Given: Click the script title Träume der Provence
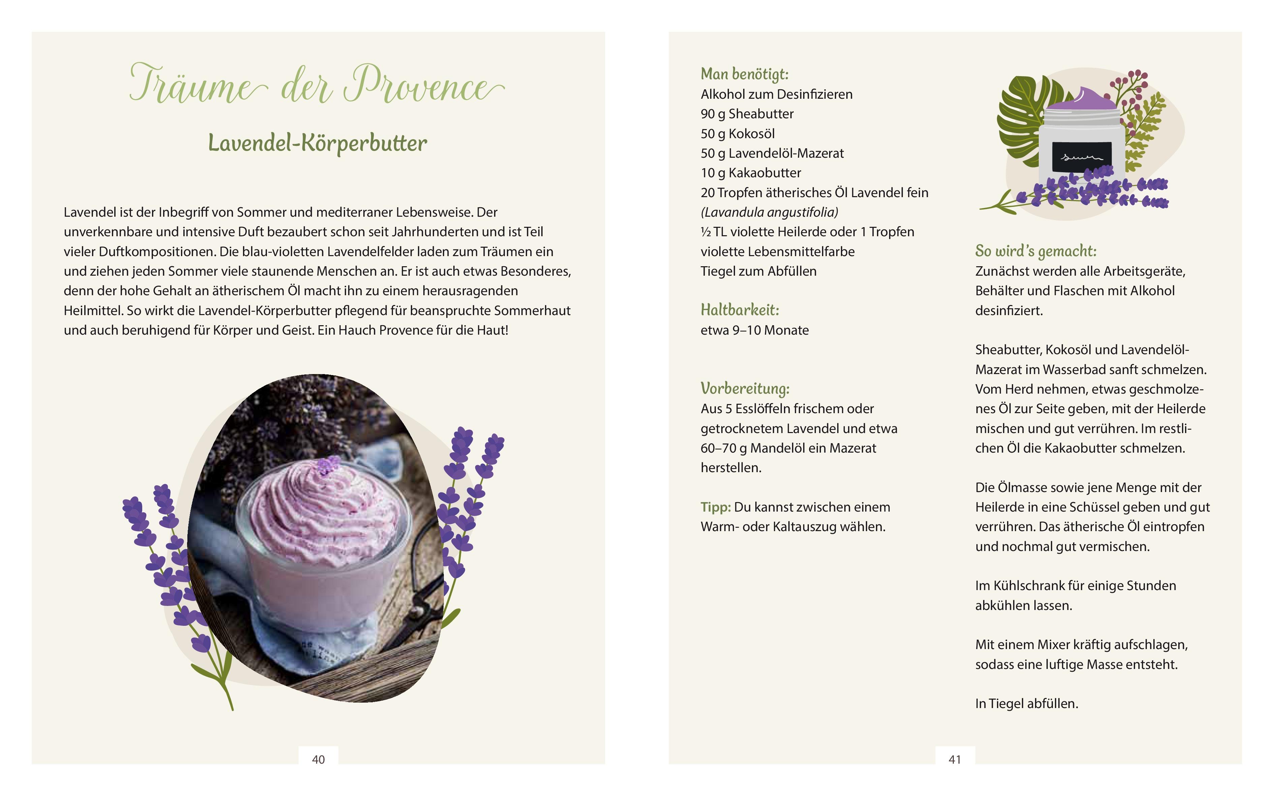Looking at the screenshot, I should pyautogui.click(x=316, y=84).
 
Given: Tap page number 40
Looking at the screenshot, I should pyautogui.click(x=318, y=759).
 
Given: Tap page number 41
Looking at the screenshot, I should pyautogui.click(x=954, y=759).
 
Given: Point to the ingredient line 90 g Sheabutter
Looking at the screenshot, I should pyautogui.click(x=747, y=114).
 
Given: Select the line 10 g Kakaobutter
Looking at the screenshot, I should pyautogui.click(x=751, y=173).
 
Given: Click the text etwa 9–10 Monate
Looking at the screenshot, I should pyautogui.click(x=754, y=330).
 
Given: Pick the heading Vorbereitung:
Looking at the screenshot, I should pyautogui.click(x=745, y=389).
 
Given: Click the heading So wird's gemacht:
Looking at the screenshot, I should pyautogui.click(x=1035, y=251).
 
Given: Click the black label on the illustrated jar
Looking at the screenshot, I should pyautogui.click(x=1081, y=157).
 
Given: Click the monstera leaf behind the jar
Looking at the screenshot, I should pyautogui.click(x=1021, y=121).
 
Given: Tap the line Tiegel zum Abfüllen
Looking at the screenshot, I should pyautogui.click(x=758, y=271).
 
